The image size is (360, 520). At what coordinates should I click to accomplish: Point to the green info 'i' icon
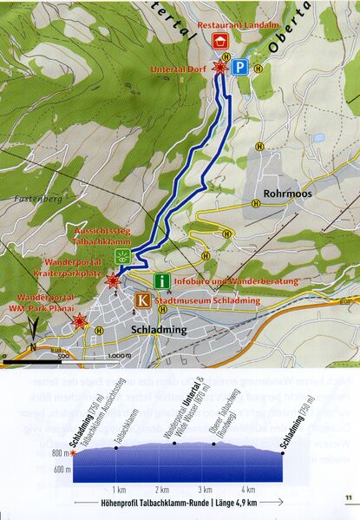click(x=162, y=281)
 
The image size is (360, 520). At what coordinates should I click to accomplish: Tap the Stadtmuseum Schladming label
click(x=202, y=301)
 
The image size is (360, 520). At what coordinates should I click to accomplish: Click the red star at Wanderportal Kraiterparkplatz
click(x=112, y=280)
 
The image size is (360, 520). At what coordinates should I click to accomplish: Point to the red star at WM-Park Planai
click(x=79, y=323)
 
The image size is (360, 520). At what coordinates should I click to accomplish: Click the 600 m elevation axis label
click(x=61, y=469)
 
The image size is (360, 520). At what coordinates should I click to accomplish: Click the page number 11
click(x=346, y=497)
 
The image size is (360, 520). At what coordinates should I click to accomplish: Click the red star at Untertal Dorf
click(x=221, y=67)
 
